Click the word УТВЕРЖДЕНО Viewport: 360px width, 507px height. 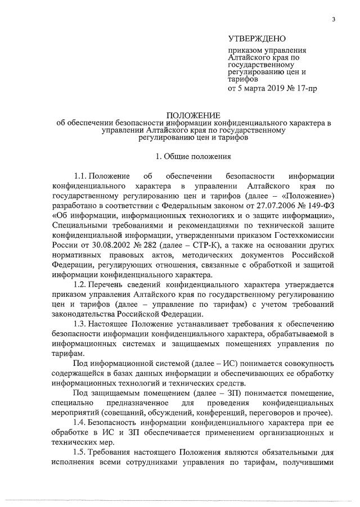256,39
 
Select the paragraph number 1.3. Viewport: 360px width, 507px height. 82,325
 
